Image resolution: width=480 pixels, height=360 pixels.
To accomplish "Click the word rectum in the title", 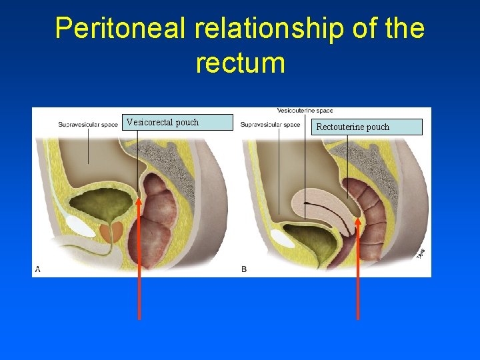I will [240, 63].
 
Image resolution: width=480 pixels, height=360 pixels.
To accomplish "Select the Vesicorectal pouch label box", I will [179, 122].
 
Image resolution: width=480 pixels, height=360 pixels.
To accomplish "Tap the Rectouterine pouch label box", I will [368, 127].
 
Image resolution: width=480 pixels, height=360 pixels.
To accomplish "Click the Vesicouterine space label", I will [305, 111].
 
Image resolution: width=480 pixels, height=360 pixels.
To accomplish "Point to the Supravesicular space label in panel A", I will [88, 124].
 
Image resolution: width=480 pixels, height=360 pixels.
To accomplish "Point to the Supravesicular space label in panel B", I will [271, 124].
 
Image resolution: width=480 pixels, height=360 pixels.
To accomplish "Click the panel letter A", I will [38, 269].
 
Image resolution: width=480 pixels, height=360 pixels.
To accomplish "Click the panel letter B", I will [244, 269].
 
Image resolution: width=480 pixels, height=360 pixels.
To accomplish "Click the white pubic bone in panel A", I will [81, 226].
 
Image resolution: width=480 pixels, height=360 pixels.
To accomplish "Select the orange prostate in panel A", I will [112, 231].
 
